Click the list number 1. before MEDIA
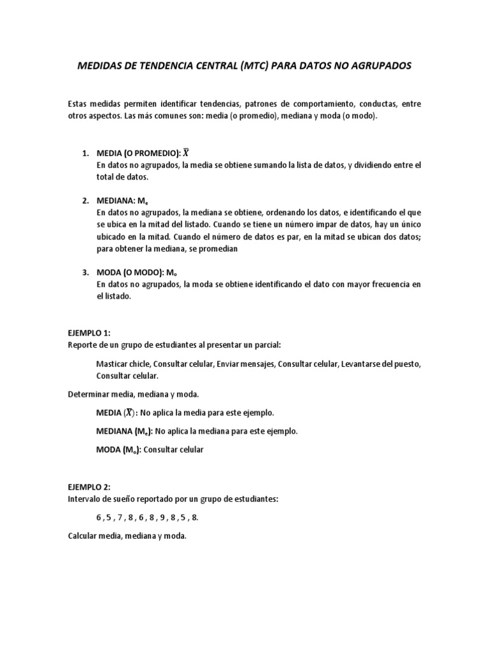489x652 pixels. click(x=85, y=153)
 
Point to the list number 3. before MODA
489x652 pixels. click(x=85, y=273)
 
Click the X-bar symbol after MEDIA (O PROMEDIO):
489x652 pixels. click(x=186, y=153)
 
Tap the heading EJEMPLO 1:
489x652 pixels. click(x=89, y=333)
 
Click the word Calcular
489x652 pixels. click(x=83, y=536)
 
